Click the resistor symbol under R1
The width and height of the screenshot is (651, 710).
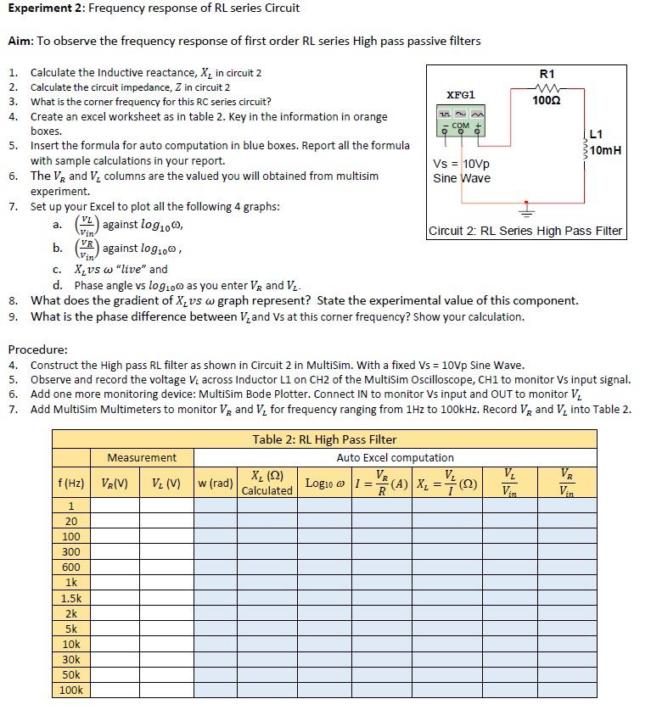547,87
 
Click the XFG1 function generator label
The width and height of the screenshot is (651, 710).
461,95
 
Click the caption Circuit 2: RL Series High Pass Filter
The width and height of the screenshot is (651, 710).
525,231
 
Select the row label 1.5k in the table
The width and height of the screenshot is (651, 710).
70,598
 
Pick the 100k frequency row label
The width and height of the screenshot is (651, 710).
70,690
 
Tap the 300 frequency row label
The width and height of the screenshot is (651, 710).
70,552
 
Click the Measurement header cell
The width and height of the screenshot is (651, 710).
142,458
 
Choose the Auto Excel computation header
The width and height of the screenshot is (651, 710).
396,458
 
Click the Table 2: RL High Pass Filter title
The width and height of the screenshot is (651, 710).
324,439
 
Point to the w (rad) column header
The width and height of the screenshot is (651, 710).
215,484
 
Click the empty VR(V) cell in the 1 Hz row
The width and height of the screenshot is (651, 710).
115,506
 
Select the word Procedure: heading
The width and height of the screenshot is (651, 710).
37,349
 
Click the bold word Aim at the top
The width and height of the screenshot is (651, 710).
20,41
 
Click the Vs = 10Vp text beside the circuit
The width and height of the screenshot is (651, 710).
461,164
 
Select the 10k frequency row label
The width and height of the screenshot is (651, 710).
70,644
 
